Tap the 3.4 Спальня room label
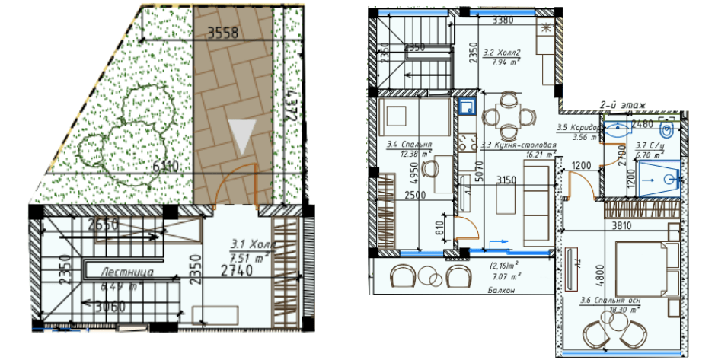click(x=409, y=145)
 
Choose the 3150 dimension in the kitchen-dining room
click(x=506, y=181)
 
